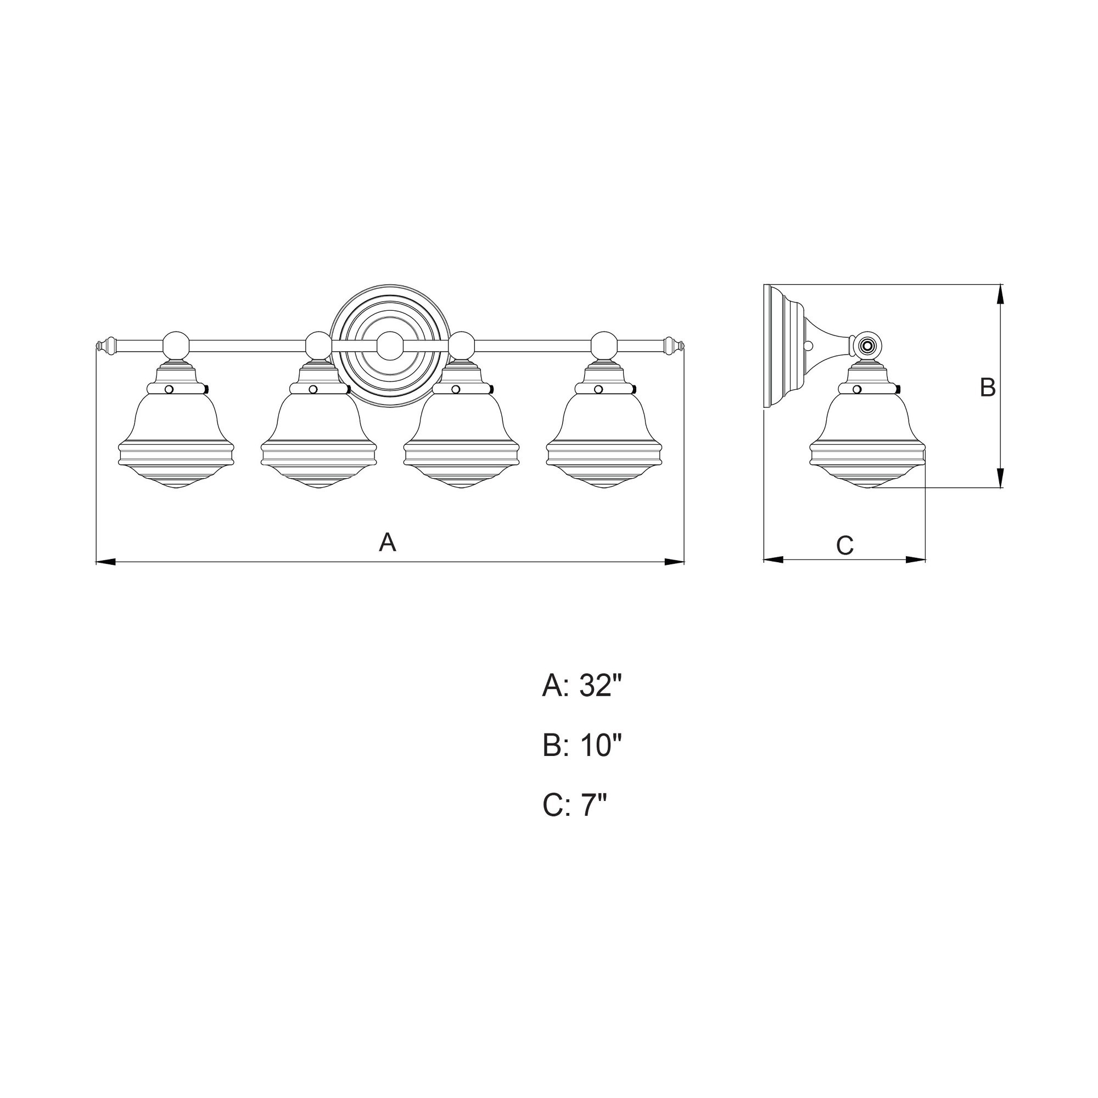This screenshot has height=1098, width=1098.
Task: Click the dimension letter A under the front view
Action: point(388,542)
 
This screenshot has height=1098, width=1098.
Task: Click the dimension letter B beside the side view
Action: point(988,387)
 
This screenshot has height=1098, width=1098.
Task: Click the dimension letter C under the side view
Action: point(845,546)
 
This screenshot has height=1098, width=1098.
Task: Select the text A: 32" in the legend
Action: point(582,686)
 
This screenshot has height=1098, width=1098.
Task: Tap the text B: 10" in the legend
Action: point(582,745)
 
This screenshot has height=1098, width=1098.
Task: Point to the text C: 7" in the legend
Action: point(575,805)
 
